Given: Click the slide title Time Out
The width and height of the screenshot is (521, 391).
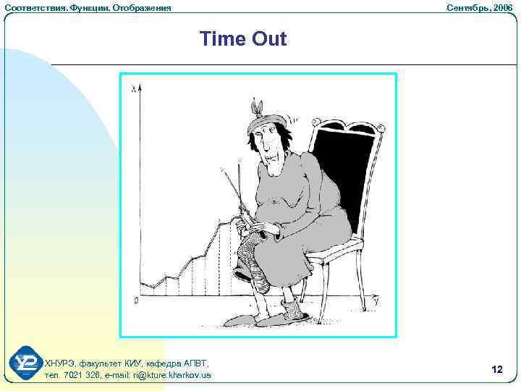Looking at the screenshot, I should (243, 38).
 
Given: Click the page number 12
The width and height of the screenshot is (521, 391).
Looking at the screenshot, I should (496, 369).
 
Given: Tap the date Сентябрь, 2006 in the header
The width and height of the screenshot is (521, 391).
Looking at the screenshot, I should (479, 7).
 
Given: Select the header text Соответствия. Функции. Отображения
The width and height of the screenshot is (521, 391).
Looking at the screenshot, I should (88, 7).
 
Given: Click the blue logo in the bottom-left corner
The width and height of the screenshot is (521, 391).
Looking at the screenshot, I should (27, 363).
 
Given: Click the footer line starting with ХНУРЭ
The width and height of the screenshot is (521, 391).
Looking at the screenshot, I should (127, 363).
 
